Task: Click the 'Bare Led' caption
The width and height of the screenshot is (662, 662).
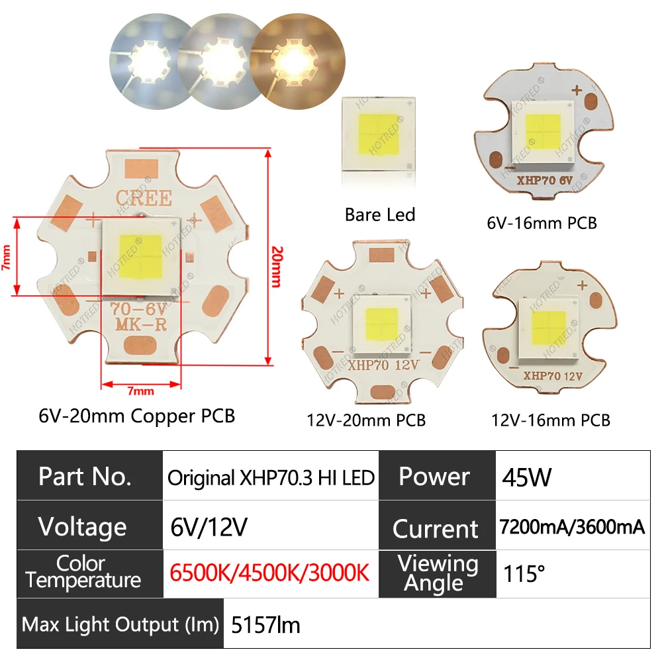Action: point(380,214)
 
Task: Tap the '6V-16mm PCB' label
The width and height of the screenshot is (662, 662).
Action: point(542,223)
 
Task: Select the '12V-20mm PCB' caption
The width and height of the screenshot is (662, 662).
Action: point(366,420)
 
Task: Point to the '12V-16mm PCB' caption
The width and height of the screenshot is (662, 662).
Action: point(551,420)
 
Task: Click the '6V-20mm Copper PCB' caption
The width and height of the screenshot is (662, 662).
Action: point(137,416)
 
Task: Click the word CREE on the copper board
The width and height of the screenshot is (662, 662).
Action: point(144,197)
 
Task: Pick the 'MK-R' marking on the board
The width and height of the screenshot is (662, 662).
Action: point(144,325)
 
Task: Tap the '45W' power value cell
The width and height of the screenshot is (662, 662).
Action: point(526,477)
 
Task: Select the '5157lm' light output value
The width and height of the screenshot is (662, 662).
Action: point(265,624)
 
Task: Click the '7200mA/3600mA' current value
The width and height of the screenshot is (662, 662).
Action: point(572,527)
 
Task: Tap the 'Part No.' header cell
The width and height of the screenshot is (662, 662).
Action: point(85,477)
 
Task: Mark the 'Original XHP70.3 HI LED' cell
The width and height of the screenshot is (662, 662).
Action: point(271,477)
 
